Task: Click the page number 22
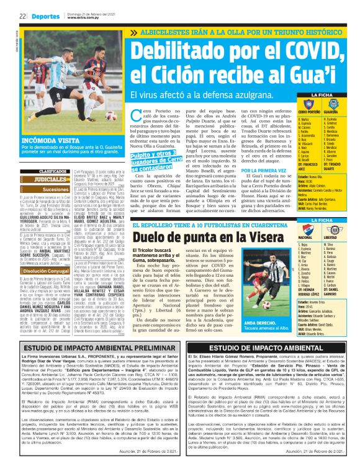[x=22, y=16]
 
